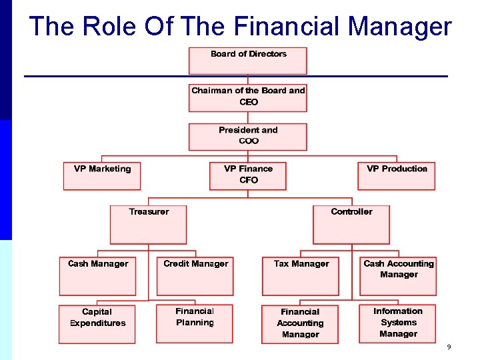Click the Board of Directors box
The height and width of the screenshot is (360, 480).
tap(248, 60)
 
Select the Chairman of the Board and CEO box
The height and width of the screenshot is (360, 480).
tap(248, 97)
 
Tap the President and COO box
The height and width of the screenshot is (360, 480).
tap(248, 136)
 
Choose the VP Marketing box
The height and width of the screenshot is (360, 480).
tap(102, 176)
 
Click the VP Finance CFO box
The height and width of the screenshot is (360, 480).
tap(248, 176)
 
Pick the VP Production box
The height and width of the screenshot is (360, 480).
tap(397, 176)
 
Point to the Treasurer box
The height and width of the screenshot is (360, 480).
tap(149, 224)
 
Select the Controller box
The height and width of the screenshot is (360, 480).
tap(351, 224)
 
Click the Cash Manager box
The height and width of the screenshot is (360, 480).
tap(98, 276)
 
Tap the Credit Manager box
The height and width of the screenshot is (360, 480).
tap(195, 276)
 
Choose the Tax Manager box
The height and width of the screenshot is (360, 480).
tap(301, 276)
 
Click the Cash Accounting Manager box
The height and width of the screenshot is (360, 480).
tap(398, 276)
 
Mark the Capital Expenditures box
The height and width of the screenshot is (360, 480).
tap(97, 324)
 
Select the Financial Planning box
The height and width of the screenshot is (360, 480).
tap(195, 323)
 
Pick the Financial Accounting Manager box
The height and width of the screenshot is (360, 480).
tap(300, 324)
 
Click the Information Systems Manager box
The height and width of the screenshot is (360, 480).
tap(398, 323)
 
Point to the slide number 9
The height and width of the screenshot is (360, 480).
tap(449, 347)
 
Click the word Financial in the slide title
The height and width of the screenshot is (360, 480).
tap(288, 27)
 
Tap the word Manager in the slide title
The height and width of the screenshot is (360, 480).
tap(400, 27)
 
